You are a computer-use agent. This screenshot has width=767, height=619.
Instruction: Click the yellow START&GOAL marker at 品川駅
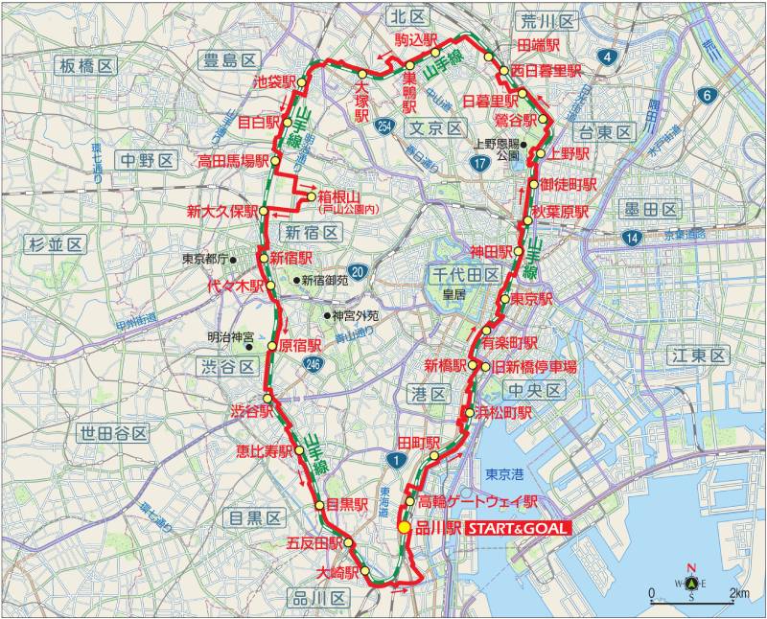405,527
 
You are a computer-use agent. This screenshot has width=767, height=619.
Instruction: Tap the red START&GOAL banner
519,528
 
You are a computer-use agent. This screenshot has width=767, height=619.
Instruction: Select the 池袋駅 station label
271,82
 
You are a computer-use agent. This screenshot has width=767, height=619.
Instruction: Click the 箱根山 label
341,198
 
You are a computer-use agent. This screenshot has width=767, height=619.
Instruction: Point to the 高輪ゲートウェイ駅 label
477,502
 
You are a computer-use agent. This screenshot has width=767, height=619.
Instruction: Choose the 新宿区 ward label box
311,233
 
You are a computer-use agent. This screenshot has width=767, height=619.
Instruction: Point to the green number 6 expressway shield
707,95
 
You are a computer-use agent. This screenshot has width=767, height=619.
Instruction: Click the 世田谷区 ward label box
115,433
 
